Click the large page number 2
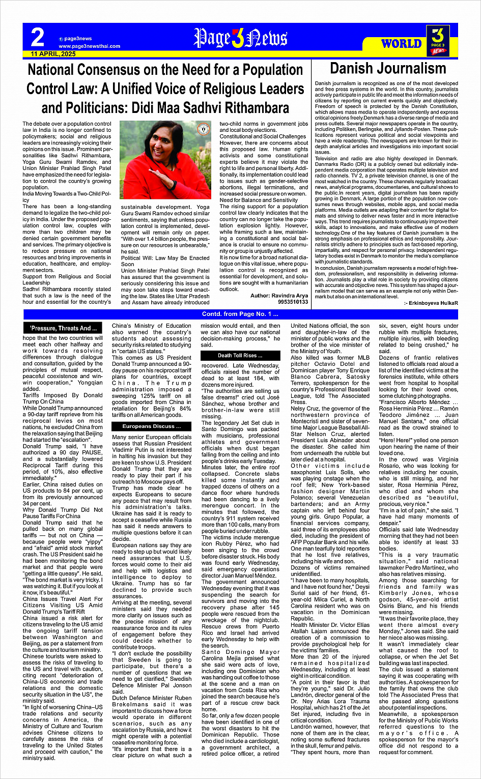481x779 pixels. point(37,37)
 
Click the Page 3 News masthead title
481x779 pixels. point(240,39)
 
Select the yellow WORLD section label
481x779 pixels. point(402,44)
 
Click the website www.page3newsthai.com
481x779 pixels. point(89,46)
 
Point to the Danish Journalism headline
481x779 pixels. point(388,69)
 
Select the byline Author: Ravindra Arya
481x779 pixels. point(279,296)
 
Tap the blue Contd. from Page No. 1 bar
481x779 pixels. point(240,314)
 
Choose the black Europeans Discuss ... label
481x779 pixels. point(151,426)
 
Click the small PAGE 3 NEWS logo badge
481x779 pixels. point(439,41)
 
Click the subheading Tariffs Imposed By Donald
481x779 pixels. point(63,395)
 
